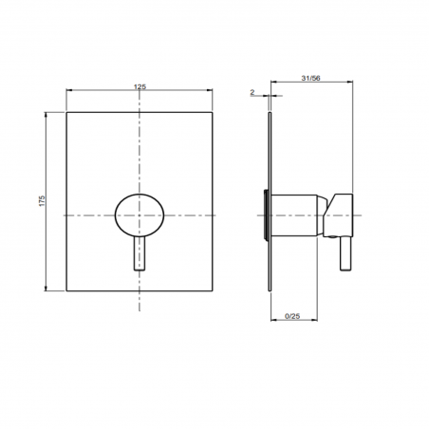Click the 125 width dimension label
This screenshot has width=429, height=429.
pyautogui.click(x=140, y=86)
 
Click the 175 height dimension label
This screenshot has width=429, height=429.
pyautogui.click(x=42, y=201)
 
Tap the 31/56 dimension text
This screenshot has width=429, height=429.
pyautogui.click(x=310, y=78)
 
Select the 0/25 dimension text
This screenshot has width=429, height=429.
pyautogui.click(x=292, y=316)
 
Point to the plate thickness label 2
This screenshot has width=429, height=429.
pyautogui.click(x=252, y=92)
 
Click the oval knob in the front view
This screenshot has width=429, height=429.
pyautogui.click(x=140, y=215)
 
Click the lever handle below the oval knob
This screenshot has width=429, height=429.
pyautogui.click(x=140, y=253)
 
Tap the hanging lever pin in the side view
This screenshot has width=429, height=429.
pyautogui.click(x=345, y=253)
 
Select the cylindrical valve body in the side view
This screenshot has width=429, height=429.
pyautogui.click(x=294, y=215)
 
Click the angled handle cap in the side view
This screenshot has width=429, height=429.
pyautogui.click(x=338, y=215)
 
